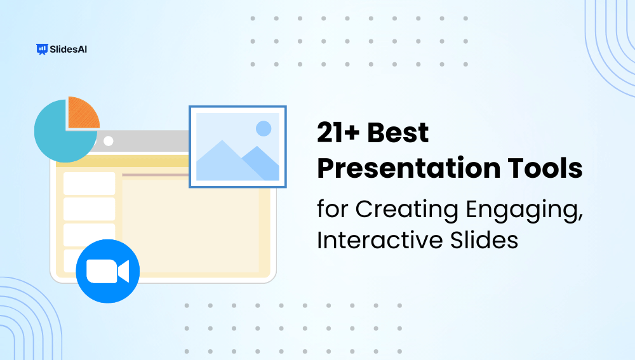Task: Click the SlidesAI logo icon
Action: pyautogui.click(x=43, y=49)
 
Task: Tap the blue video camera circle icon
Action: pyautogui.click(x=107, y=271)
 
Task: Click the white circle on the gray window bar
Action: pyautogui.click(x=108, y=140)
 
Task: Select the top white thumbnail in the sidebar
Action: pyautogui.click(x=89, y=183)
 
